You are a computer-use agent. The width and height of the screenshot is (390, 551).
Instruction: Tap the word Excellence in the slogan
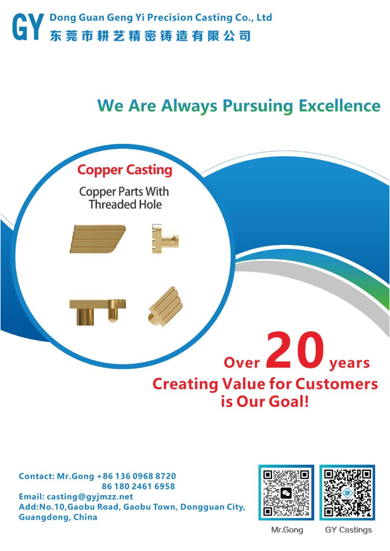[x=339, y=106]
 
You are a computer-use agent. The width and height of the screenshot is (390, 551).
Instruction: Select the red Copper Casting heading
[x=125, y=170]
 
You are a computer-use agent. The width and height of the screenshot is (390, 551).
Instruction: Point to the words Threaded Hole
[x=125, y=205]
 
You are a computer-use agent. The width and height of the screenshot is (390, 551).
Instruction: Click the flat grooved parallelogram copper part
[x=98, y=239]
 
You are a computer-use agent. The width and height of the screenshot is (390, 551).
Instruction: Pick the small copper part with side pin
[x=165, y=239]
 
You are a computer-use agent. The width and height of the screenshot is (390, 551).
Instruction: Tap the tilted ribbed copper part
[x=165, y=307]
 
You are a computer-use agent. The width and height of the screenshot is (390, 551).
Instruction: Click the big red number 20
[x=295, y=350]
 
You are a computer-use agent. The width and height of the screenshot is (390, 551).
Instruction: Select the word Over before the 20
[x=242, y=363]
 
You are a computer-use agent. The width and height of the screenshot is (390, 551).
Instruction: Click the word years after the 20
[x=350, y=363]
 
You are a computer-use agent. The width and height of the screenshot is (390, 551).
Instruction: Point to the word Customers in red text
[x=336, y=384]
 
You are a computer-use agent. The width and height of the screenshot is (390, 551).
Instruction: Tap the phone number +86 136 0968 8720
[x=136, y=477]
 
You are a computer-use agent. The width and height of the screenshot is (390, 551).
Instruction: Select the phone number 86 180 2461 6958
[x=138, y=486]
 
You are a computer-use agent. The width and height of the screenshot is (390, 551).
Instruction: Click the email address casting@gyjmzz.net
[x=90, y=497]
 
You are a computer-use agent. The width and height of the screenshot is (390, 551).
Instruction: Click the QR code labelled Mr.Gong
[x=286, y=493]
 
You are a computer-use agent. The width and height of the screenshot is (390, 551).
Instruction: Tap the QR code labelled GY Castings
[x=347, y=493]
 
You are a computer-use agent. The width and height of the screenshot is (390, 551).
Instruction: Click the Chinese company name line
[x=150, y=36]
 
